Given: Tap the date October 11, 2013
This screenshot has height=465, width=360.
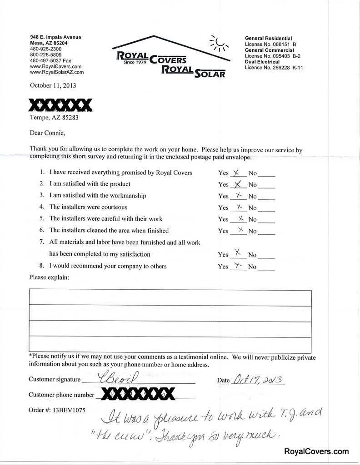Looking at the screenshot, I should [53, 85].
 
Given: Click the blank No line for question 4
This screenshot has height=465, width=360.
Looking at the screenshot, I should [268, 208].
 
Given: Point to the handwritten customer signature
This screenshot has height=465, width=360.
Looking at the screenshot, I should [109, 378].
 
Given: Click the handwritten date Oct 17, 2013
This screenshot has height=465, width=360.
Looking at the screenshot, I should [257, 379].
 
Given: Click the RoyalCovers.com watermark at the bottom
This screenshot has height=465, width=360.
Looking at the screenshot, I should [316, 451].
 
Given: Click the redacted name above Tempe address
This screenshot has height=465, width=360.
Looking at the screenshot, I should [60, 105].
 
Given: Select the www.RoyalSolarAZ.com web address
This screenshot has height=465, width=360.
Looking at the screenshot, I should [56, 72].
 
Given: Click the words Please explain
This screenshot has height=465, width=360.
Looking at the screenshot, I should [49, 277].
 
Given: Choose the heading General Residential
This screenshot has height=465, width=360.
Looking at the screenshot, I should [268, 38].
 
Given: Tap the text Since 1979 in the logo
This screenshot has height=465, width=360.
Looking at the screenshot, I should [135, 62].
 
